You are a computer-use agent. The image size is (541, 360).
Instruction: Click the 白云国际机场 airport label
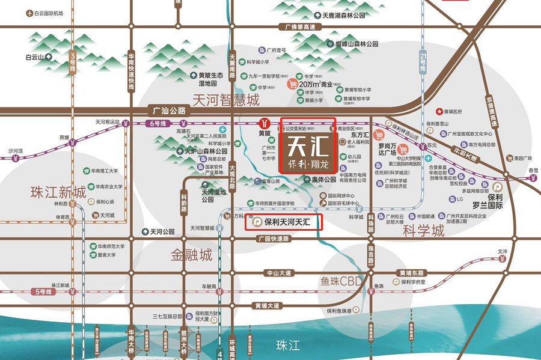(49, 13)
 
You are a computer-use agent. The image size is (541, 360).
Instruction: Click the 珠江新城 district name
(59, 192)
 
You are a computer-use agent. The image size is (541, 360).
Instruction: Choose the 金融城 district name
(192, 255)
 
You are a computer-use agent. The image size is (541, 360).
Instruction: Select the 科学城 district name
(424, 230)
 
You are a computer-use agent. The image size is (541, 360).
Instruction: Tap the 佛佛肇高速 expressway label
(301, 27)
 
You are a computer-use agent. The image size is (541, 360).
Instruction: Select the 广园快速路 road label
(273, 239)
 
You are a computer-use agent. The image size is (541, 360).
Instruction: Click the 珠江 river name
(287, 345)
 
